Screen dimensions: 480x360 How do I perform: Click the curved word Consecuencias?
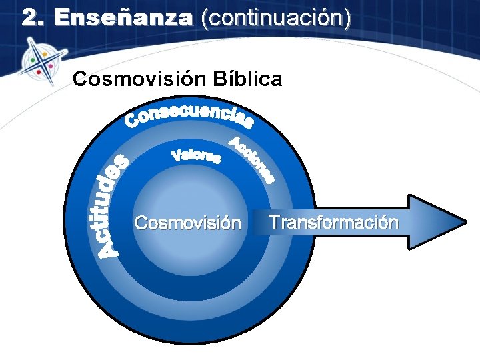coord(189,115)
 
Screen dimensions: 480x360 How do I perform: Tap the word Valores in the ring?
coord(196,157)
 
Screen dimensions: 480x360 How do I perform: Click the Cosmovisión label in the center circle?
coord(187,222)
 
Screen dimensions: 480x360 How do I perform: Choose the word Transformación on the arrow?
coord(333,222)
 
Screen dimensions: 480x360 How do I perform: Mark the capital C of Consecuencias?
coord(132,121)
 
